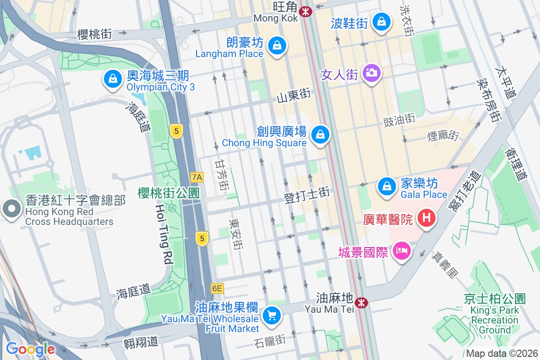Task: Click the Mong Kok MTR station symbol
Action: (306, 12)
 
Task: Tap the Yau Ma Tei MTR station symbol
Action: (360, 303)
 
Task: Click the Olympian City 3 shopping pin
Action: (112, 79)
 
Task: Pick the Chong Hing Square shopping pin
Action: (320, 134)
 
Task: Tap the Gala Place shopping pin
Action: (386, 186)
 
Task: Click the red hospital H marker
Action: (426, 218)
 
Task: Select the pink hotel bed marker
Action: (401, 251)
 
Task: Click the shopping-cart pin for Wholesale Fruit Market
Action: (271, 315)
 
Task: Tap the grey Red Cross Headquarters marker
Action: (12, 209)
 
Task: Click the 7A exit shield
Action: (197, 177)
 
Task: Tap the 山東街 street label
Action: (293, 95)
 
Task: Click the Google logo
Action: (30, 349)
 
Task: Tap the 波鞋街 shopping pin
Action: (382, 21)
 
